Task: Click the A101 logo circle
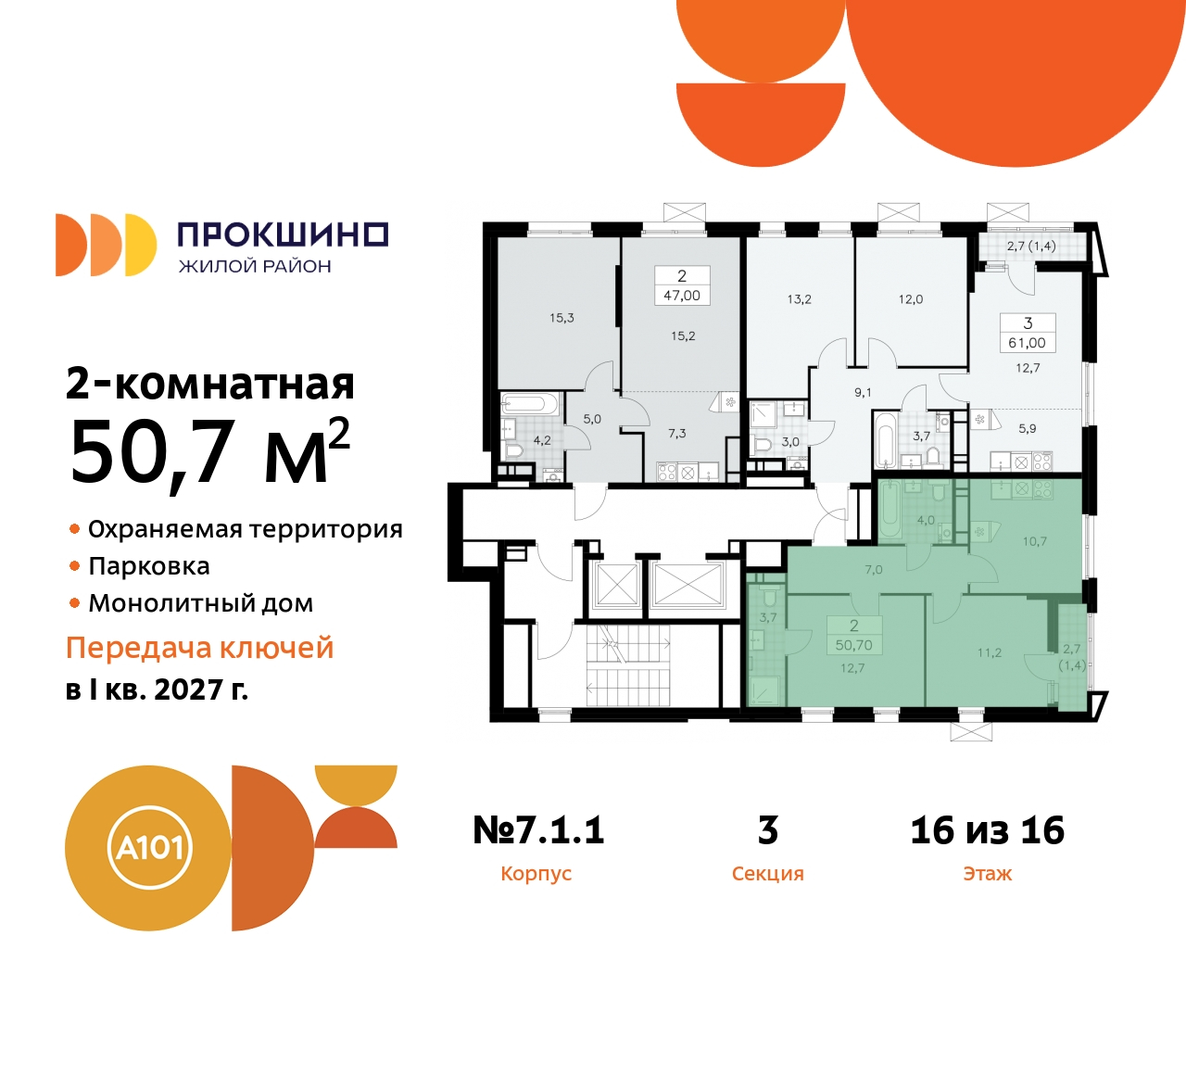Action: [x=148, y=848]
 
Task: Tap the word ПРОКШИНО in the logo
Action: [x=282, y=234]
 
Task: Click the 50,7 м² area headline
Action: [x=209, y=452]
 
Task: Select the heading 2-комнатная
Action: [x=210, y=383]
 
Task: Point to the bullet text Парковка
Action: [x=149, y=566]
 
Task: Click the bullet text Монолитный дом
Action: [x=201, y=603]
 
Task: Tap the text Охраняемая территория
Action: [x=246, y=529]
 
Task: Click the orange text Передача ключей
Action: [x=199, y=648]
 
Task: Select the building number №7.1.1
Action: [x=538, y=830]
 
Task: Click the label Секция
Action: [x=767, y=874]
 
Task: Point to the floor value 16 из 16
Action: [x=987, y=830]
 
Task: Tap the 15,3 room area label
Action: [x=561, y=318]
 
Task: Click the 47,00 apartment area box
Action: [x=682, y=296]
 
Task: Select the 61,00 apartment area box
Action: [x=1027, y=343]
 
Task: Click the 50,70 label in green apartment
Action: [x=853, y=645]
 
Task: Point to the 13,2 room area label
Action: [x=799, y=299]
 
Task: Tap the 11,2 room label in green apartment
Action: [x=989, y=652]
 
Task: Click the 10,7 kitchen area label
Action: [x=1034, y=541]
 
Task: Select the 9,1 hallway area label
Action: [x=863, y=393]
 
